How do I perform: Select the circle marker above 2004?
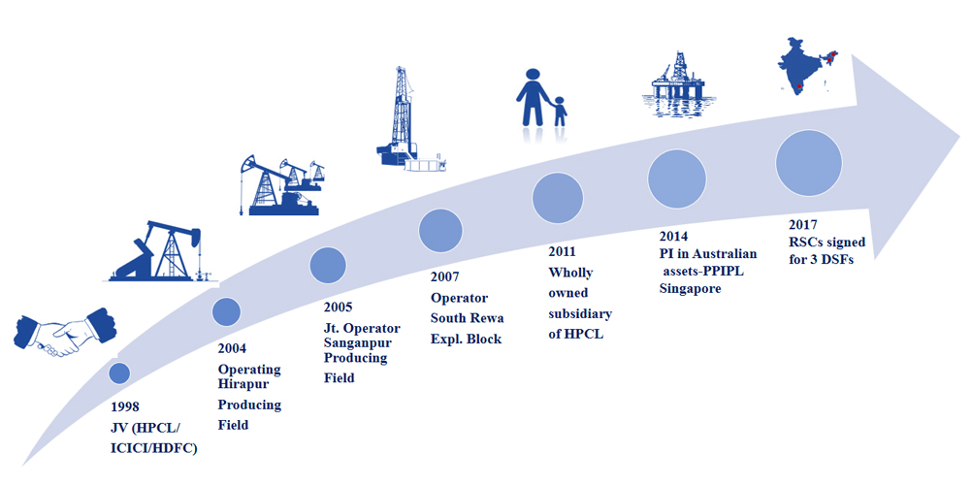pos(226,311)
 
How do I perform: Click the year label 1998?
pos(127,406)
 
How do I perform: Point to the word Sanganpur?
pos(357,340)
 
